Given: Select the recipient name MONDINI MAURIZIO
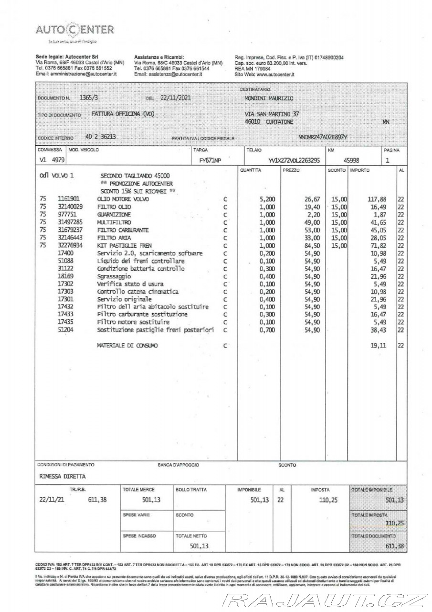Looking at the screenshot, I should tap(268, 98).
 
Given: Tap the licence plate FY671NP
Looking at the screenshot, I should tap(210, 161).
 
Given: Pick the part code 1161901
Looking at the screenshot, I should tap(69, 197).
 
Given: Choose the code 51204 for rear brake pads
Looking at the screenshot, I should tap(65, 330).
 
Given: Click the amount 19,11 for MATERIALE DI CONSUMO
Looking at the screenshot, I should tap(379, 345).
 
